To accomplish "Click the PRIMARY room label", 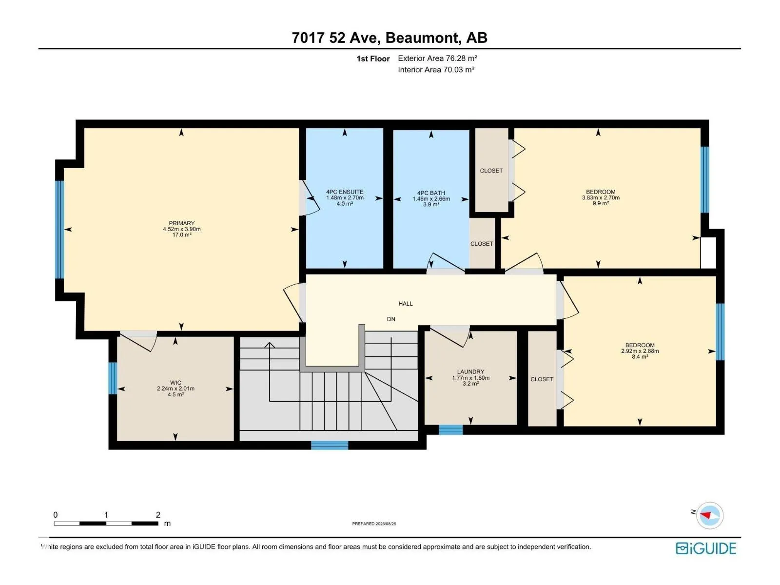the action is point(181,223).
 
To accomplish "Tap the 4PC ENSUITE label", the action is point(345,192).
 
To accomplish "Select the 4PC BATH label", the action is point(431,193).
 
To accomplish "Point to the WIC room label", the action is point(175,383).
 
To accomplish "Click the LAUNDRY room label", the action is point(471,371).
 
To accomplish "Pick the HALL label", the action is point(406,303).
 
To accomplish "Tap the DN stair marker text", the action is point(391,319).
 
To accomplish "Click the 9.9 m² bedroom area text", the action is point(601,203).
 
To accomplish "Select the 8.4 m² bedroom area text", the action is point(640,357).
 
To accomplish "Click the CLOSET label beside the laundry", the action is point(542,379).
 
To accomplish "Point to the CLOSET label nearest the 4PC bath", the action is point(482,244).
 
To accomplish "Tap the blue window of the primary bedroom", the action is point(59,230).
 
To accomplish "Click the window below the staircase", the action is point(330,445).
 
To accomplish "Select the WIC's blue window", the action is point(112,378).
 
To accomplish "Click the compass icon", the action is point(710,515).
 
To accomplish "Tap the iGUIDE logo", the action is point(706,548).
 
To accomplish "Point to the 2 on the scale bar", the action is point(158,514).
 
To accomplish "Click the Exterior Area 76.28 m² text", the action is point(437,58).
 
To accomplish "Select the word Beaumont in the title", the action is point(423,38).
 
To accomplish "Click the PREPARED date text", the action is point(374,524).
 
